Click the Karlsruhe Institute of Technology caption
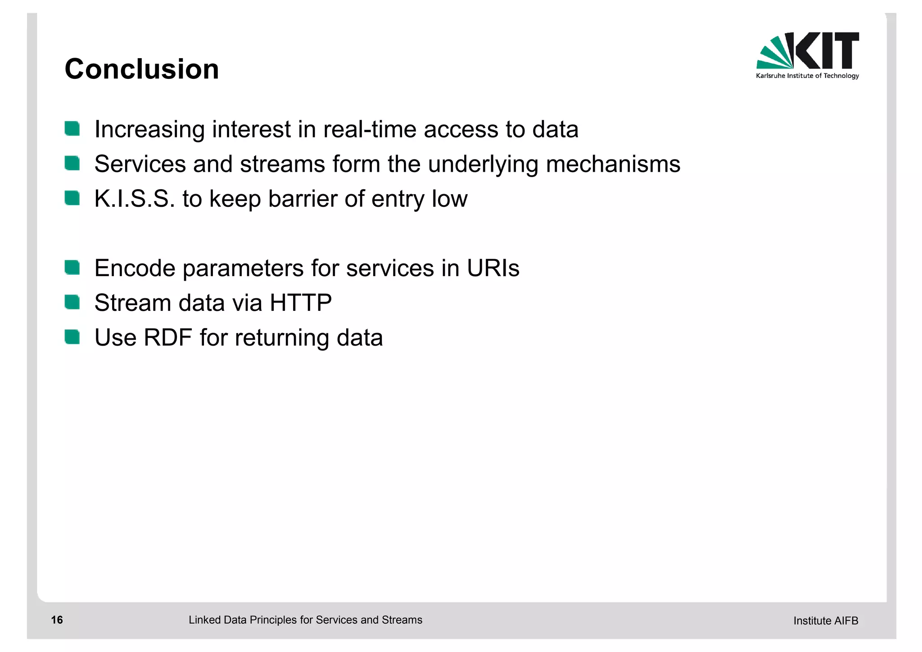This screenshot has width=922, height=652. [807, 76]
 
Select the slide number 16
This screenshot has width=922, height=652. [57, 620]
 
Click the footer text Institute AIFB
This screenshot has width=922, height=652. [826, 621]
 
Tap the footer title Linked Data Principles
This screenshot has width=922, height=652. [305, 620]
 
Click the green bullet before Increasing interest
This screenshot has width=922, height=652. [72, 129]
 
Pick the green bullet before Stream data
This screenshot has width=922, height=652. [72, 302]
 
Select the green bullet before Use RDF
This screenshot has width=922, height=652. [72, 337]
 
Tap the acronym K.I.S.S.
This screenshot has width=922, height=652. [134, 199]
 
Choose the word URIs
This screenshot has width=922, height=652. [493, 268]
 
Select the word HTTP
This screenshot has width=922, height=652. [301, 303]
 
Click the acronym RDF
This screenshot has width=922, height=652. [168, 337]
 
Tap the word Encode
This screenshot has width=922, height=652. [135, 268]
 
